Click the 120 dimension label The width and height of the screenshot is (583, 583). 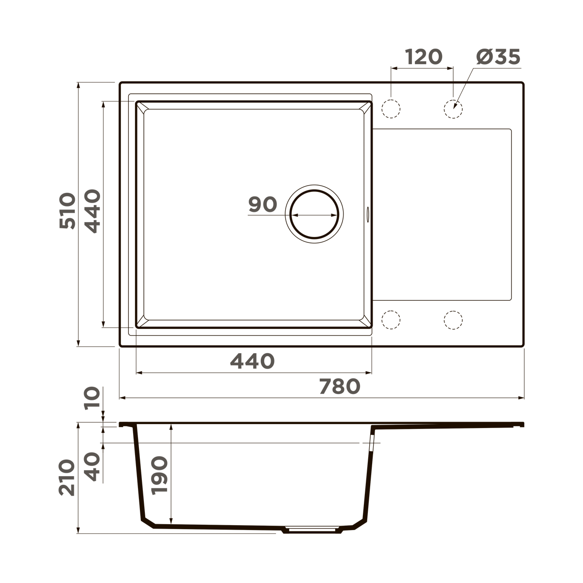click(424, 57)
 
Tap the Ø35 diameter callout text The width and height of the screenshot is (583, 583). click(498, 57)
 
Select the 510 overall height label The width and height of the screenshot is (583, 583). click(68, 211)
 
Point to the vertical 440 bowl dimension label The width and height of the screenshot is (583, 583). click(92, 211)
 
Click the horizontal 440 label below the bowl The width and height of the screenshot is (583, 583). click(252, 361)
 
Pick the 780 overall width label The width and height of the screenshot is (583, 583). click(340, 386)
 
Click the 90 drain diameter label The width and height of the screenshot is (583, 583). click(262, 205)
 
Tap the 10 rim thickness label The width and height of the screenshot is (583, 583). click(92, 398)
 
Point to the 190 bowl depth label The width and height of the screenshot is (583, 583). click(159, 475)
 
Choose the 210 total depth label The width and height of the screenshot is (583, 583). click(68, 478)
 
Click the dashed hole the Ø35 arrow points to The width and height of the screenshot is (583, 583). click(453, 109)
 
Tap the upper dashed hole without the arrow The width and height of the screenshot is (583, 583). click(391, 109)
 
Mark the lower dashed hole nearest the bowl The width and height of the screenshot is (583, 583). click(391, 320)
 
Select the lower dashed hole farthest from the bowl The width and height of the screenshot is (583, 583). click(453, 320)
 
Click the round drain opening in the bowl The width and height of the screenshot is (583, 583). click(314, 214)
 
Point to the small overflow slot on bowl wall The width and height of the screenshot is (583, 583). click(368, 214)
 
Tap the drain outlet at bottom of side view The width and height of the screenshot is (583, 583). click(311, 529)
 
